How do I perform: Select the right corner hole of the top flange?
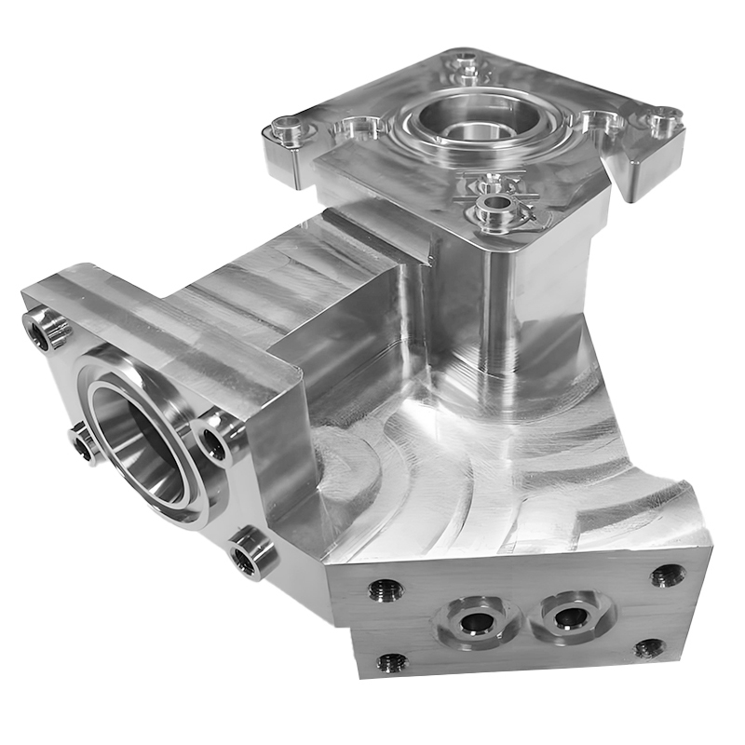(665, 119)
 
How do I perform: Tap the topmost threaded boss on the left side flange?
(44, 326)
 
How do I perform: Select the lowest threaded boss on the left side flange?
(249, 555)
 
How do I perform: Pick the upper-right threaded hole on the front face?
(667, 576)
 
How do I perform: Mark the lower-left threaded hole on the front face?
(390, 663)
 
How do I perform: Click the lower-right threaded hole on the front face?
(651, 649)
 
